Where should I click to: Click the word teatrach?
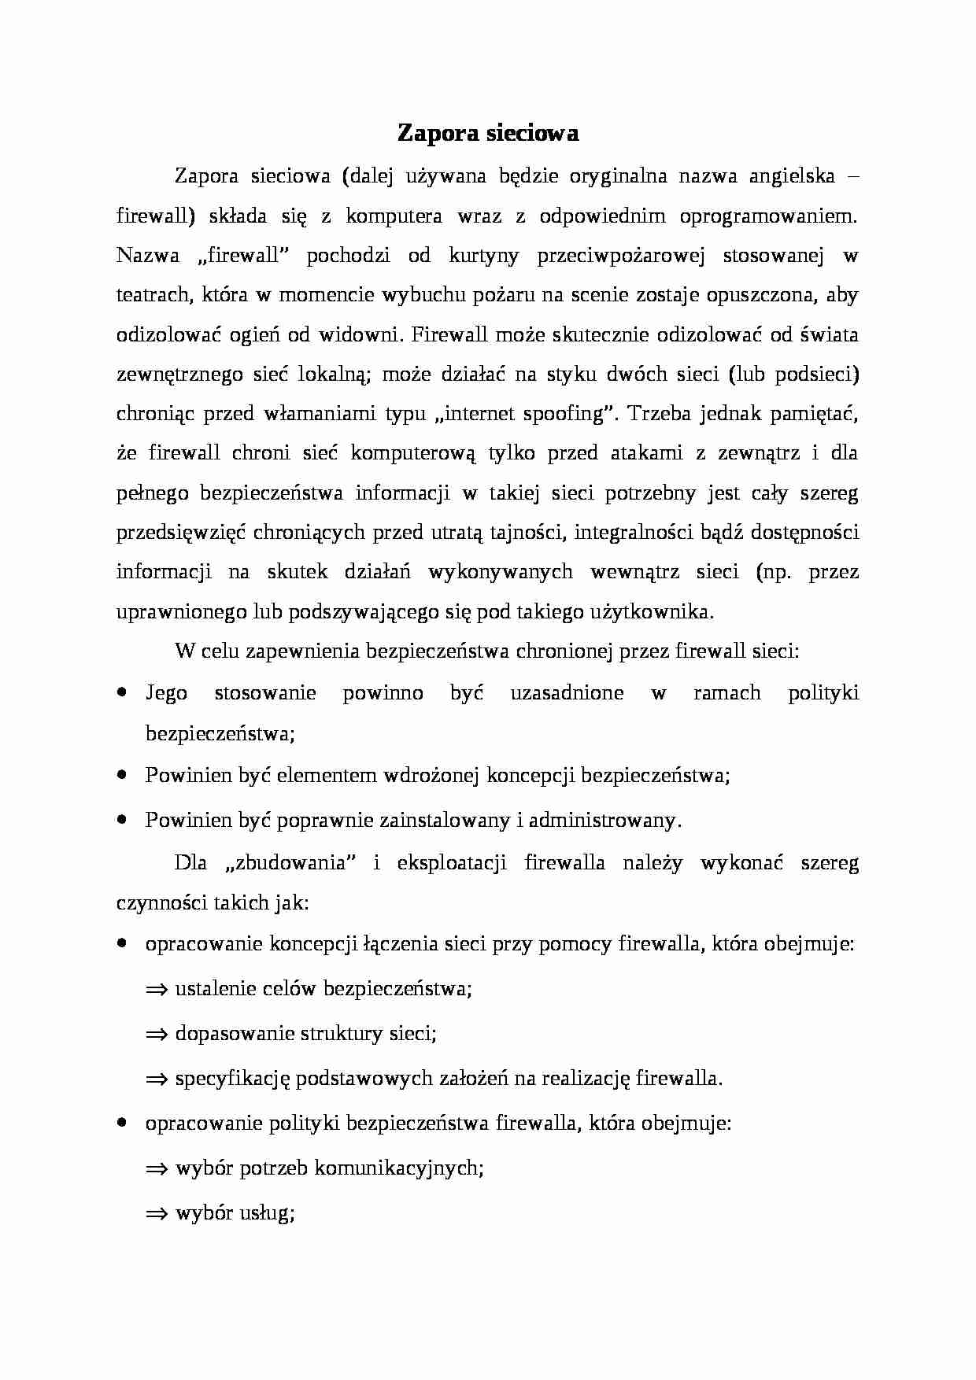click(x=153, y=295)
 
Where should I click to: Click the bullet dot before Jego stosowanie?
click(x=122, y=692)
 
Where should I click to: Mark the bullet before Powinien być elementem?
click(x=122, y=775)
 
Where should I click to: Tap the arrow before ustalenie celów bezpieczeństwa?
click(x=157, y=990)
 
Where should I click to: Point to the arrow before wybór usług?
click(x=157, y=1213)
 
